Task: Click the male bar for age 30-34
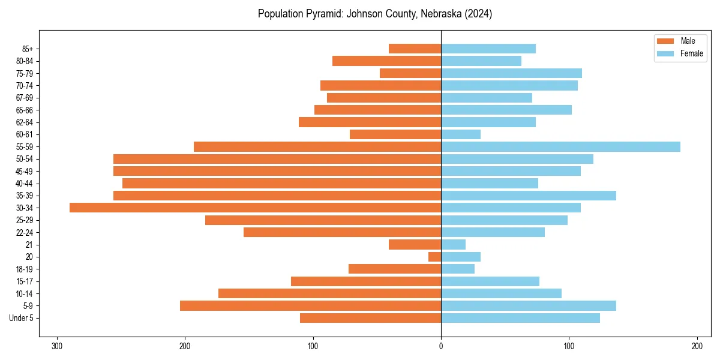tap(255, 208)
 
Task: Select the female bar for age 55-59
tap(560, 147)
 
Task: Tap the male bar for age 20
tap(435, 257)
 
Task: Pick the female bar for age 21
tap(453, 245)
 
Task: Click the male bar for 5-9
tap(310, 306)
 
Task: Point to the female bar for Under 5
tap(520, 318)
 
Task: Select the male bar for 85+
tap(415, 49)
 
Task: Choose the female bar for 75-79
tap(511, 73)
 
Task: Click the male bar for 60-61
tap(395, 134)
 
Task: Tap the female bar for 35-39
tap(529, 196)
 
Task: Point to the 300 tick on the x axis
tap(57, 346)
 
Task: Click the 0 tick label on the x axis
tap(441, 346)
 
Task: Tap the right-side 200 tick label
tap(697, 346)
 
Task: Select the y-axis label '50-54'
tap(25, 159)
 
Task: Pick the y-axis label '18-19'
tap(25, 269)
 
